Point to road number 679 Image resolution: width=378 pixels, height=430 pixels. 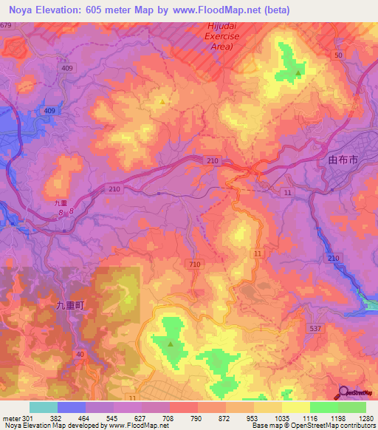(7, 26)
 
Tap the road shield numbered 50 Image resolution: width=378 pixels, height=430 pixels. (339, 55)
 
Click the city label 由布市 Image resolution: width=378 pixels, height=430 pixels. (342, 159)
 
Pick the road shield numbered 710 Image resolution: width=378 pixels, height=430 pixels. (195, 264)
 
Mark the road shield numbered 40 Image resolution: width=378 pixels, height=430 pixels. (80, 355)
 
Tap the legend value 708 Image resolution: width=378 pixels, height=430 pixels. (170, 418)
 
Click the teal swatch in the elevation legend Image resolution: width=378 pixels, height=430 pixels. (43, 407)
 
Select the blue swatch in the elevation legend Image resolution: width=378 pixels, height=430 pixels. (71, 407)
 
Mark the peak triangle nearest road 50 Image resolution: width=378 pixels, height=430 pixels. (298, 73)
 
